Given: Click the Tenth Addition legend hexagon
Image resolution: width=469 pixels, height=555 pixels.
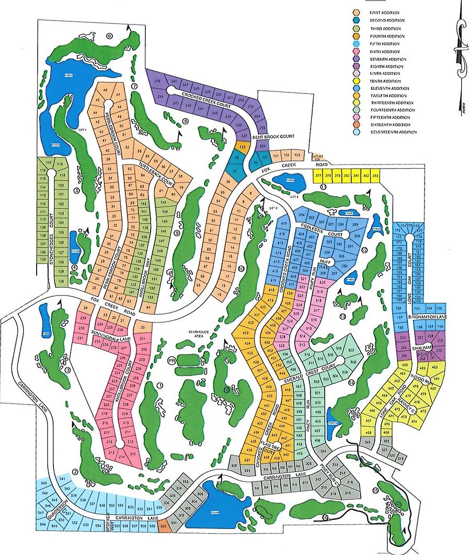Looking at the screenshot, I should point(356,81).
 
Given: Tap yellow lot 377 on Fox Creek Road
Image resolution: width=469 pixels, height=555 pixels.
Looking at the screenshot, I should point(318,176).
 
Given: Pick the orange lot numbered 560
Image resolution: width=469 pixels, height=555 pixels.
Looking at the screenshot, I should point(163,526).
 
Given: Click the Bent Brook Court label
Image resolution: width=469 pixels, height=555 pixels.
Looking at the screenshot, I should point(271,137).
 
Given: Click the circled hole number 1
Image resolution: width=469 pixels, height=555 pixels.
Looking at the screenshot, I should point(160,385).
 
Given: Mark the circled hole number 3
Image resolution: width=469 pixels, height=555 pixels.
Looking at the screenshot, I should point(67,370).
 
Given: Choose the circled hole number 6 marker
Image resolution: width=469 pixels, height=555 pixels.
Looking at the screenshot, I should point(109,36).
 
